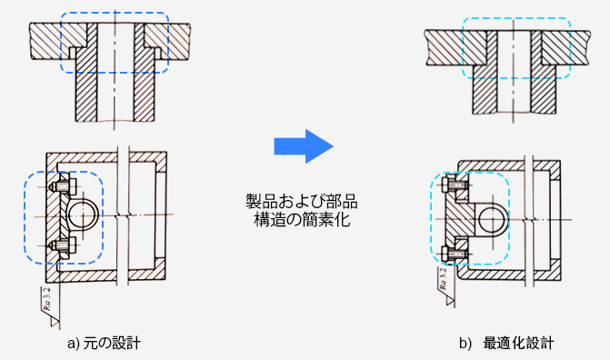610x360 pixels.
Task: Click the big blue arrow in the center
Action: coord(304,146)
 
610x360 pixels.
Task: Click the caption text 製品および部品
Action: coord(302,202)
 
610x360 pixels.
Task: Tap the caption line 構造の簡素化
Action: coord(302,219)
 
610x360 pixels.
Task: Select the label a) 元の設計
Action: coord(104,344)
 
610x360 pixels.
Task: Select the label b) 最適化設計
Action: coord(506,344)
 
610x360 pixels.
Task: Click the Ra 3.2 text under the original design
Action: coord(47,299)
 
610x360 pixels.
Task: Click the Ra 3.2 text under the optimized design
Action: coord(443,280)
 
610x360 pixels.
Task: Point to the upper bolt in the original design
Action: coord(62,186)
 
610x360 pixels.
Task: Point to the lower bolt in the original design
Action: coord(62,245)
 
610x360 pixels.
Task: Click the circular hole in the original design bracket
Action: coord(83,215)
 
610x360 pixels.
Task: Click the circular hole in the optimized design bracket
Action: coord(492,220)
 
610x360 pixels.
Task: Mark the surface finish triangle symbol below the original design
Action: coord(55,322)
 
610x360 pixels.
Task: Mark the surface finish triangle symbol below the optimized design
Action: coord(450,301)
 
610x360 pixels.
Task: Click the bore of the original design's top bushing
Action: coord(115,72)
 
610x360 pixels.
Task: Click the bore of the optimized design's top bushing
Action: coord(514,72)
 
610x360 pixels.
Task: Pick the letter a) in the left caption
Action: coord(73,344)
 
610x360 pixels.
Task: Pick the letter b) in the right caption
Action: coord(465,344)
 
